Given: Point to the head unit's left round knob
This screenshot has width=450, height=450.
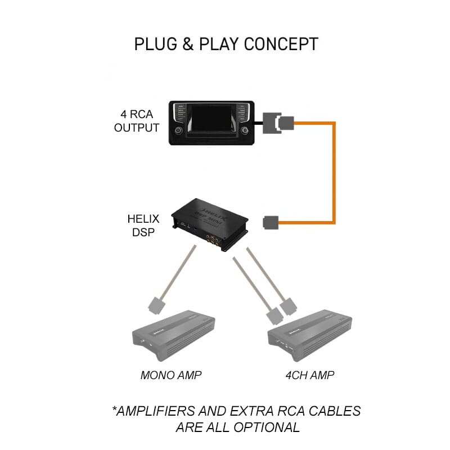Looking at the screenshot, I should click(x=178, y=130).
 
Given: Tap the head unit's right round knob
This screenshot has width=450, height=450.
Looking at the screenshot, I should click(x=245, y=130).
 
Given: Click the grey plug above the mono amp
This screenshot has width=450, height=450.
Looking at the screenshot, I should click(x=156, y=305).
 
